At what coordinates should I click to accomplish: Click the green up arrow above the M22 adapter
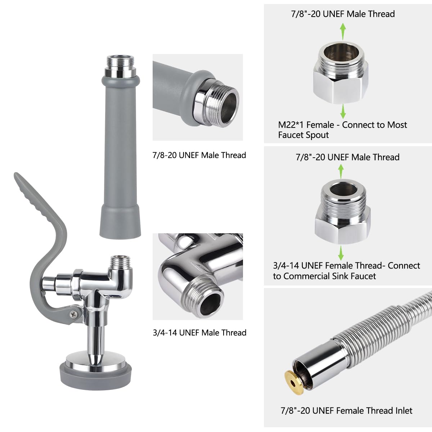(x=343, y=31)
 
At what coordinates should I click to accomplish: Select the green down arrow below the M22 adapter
(x=343, y=111)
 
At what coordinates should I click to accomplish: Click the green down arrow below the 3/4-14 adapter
(x=341, y=253)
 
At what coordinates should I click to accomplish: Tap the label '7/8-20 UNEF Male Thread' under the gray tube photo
(x=199, y=155)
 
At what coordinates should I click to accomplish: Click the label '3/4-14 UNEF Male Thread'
(x=199, y=332)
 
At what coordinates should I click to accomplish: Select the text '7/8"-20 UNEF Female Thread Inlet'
(x=346, y=410)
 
